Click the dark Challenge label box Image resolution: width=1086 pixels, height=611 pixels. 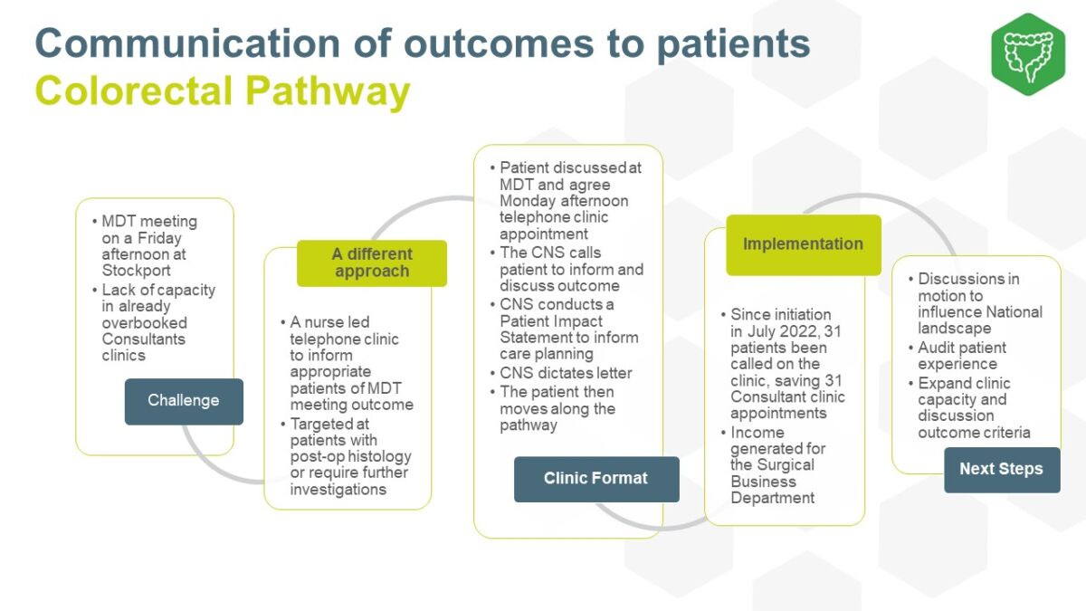pos(184,401)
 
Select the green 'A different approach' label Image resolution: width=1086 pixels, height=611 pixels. pos(371,263)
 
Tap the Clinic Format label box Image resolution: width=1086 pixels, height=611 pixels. pos(595,479)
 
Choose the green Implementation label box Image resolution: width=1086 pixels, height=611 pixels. pos(803,244)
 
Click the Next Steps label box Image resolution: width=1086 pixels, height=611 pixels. pos(1001,469)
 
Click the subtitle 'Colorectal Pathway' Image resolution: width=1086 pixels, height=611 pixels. pos(223,92)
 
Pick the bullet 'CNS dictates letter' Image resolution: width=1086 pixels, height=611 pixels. pos(566,373)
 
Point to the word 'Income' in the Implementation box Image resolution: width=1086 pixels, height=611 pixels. pos(757,433)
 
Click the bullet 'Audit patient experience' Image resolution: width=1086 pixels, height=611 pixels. pos(961,356)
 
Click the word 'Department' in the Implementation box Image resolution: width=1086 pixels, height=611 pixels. pos(773,498)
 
